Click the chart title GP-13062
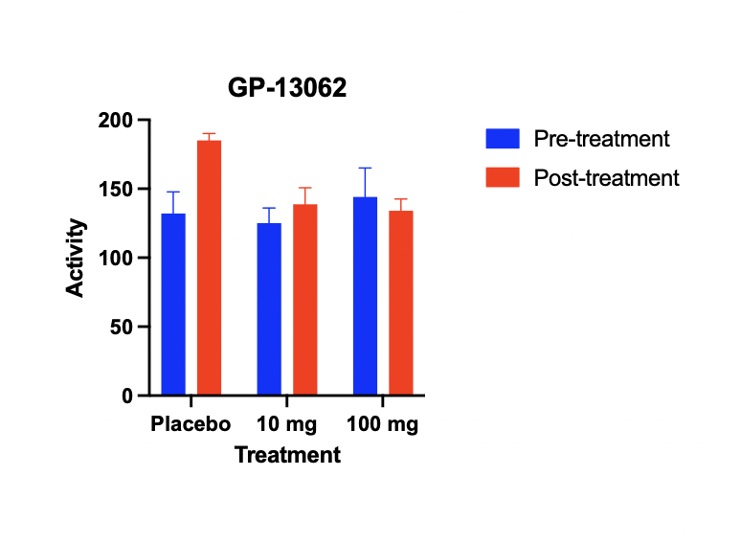(x=287, y=88)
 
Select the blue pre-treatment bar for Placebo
(x=173, y=304)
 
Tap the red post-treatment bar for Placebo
(x=210, y=267)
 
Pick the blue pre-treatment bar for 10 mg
(x=269, y=308)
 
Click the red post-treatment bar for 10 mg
(x=305, y=299)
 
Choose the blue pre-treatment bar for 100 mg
(x=366, y=296)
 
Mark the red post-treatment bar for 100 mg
(x=401, y=303)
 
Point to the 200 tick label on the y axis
(x=116, y=120)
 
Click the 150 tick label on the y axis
(x=116, y=189)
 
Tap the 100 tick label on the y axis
(x=116, y=258)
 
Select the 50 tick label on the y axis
(x=122, y=327)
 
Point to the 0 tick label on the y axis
(x=127, y=396)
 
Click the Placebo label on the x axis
(x=191, y=423)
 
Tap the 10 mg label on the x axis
(x=287, y=424)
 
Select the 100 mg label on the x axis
(x=382, y=424)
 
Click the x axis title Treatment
(x=287, y=455)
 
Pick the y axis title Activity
(x=75, y=258)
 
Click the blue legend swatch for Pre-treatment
(x=503, y=139)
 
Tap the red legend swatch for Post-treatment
(x=503, y=177)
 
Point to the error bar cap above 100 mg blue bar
(x=366, y=168)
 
